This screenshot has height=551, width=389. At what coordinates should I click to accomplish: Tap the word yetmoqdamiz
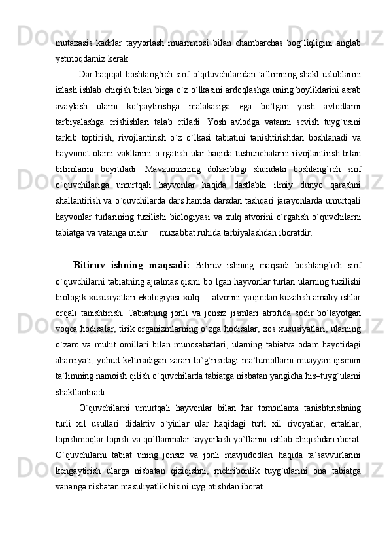79,58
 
